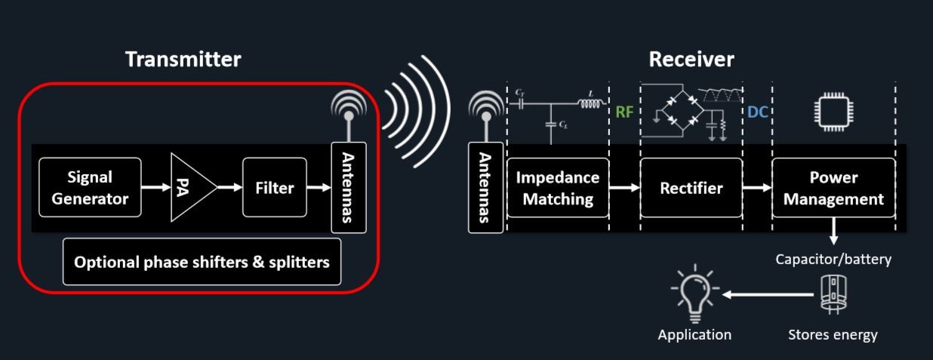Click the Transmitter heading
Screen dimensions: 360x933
pyautogui.click(x=183, y=60)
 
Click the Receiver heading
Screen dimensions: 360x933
pyautogui.click(x=691, y=60)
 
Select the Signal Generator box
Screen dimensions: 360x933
pyautogui.click(x=90, y=188)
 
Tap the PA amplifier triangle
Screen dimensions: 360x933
pyautogui.click(x=189, y=188)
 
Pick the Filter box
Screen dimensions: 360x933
pyautogui.click(x=274, y=188)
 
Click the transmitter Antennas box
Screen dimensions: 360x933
pyautogui.click(x=348, y=188)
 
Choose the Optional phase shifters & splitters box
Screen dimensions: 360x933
pyautogui.click(x=202, y=262)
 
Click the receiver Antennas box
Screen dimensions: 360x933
pyautogui.click(x=485, y=188)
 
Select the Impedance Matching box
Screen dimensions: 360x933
pyautogui.click(x=558, y=188)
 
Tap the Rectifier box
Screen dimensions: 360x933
pyautogui.click(x=691, y=188)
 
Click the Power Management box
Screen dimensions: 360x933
pyautogui.click(x=833, y=188)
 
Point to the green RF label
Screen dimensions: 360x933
pyautogui.click(x=624, y=112)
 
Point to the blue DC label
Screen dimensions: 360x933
pyautogui.click(x=757, y=112)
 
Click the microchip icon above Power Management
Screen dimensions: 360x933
pyautogui.click(x=833, y=112)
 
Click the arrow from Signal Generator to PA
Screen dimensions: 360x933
pyautogui.click(x=155, y=188)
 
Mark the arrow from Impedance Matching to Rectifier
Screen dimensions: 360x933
pyautogui.click(x=624, y=188)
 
